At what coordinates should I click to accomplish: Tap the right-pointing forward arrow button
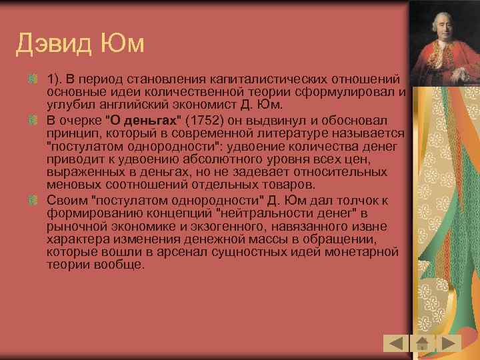click(449, 343)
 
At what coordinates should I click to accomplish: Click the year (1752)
click(209, 121)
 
